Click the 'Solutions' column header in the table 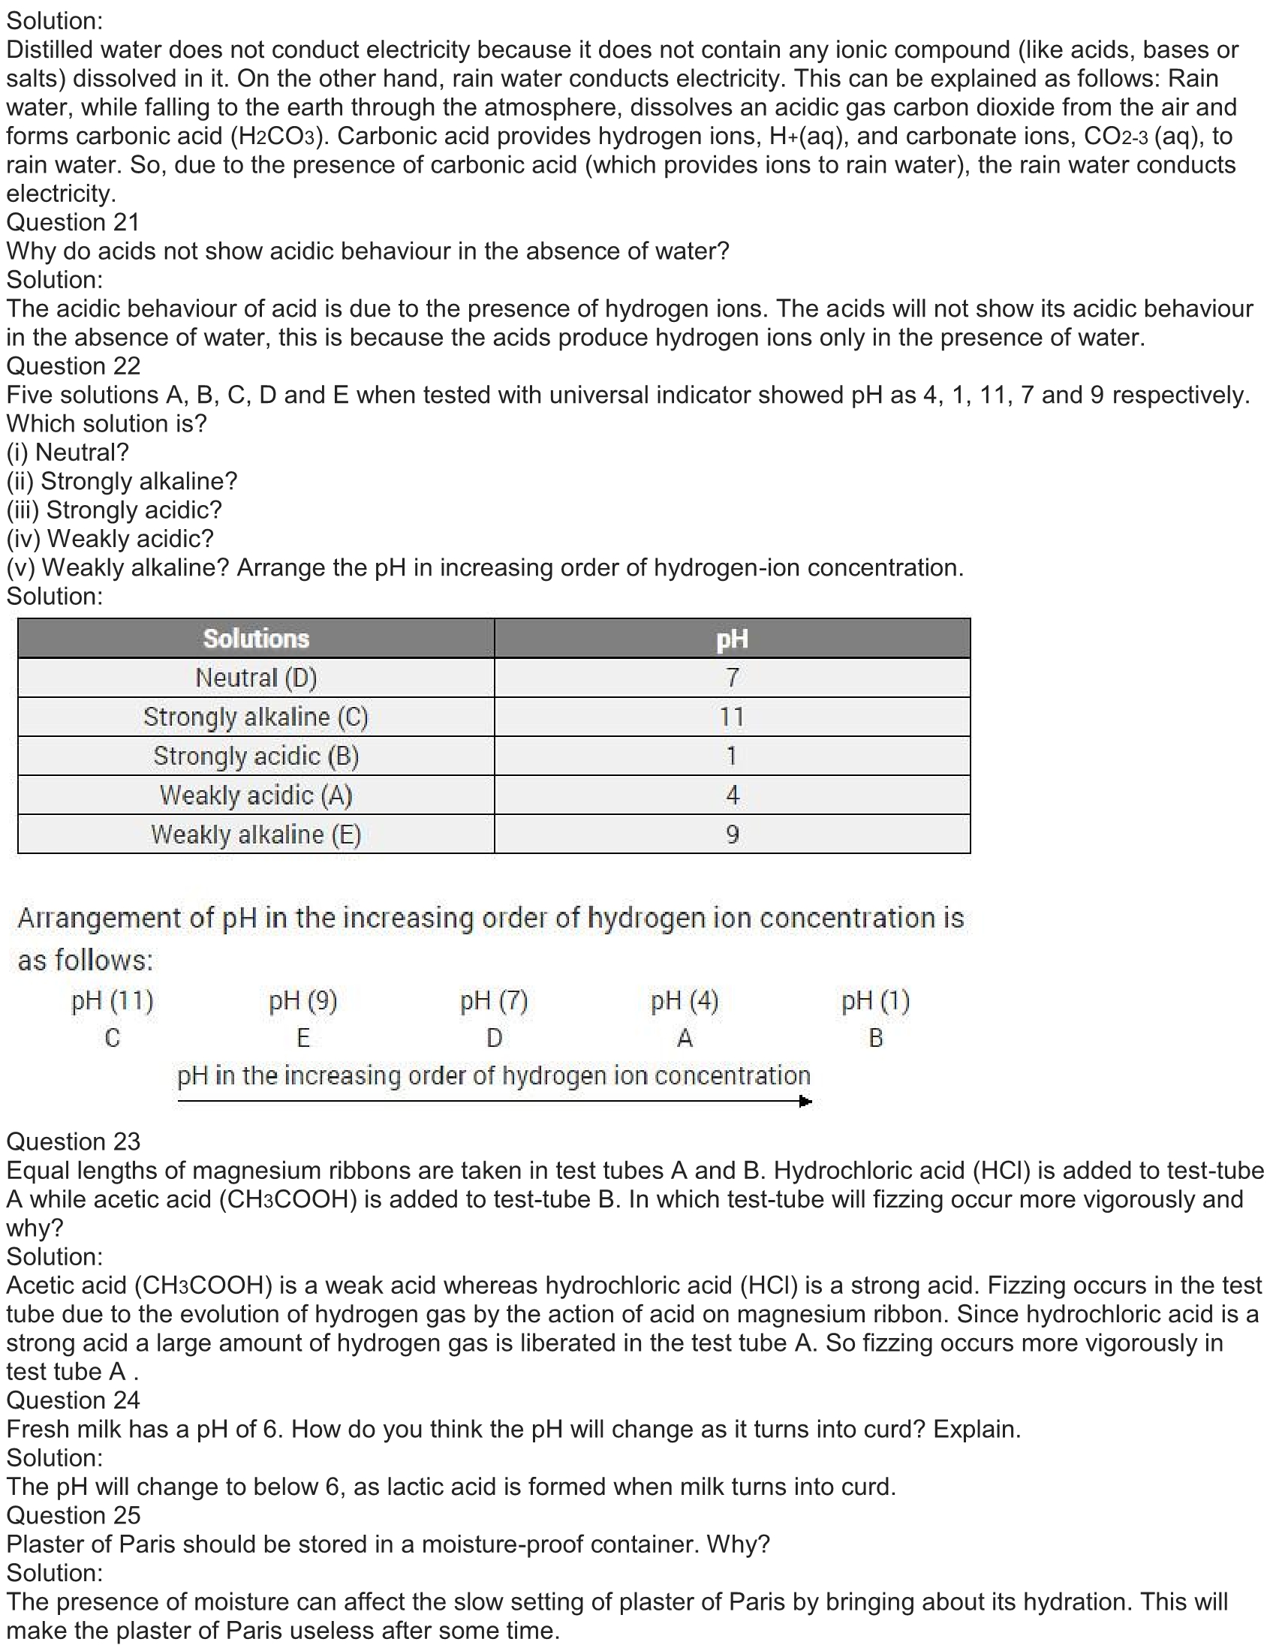click(256, 639)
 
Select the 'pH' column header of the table click(732, 639)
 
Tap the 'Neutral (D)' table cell click(256, 678)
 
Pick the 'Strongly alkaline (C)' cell click(256, 717)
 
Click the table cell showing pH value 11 click(732, 717)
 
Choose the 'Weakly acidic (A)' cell click(256, 795)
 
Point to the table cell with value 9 click(732, 835)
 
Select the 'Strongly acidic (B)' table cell click(256, 756)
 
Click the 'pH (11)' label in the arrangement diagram click(113, 1002)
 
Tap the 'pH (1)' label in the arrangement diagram click(876, 1002)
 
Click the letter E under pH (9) click(303, 1039)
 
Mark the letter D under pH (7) click(495, 1039)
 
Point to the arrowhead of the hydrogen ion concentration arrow click(806, 1102)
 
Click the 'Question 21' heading click(74, 222)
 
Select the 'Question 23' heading click(74, 1141)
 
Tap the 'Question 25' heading click(74, 1516)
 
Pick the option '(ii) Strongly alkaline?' click(122, 482)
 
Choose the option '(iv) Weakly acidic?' click(110, 539)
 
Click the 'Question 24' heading click(74, 1401)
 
